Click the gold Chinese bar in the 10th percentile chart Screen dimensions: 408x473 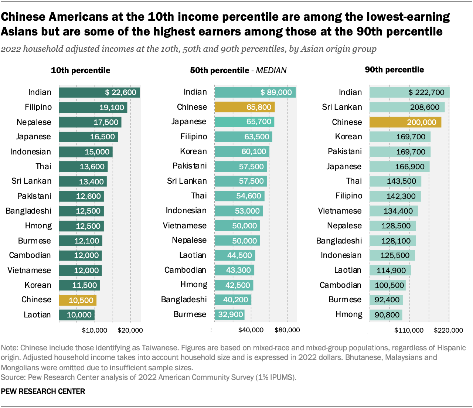tap(78, 300)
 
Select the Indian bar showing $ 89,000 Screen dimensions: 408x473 tap(255, 92)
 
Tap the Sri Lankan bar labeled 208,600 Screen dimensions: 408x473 tap(407, 107)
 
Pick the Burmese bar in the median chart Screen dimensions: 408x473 tap(229, 314)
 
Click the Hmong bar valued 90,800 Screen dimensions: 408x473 tap(386, 315)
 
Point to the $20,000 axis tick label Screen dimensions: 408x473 tap(130, 330)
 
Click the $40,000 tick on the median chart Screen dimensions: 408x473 tap(251, 330)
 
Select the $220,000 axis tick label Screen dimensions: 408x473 tap(448, 330)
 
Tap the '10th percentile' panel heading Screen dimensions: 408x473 tap(81, 71)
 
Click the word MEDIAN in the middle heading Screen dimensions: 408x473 tap(271, 71)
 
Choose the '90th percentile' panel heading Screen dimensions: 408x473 tap(394, 70)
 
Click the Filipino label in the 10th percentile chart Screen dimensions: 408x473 tap(38, 107)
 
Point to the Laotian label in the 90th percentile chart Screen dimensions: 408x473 tap(348, 270)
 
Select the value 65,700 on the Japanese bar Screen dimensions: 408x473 tap(259, 122)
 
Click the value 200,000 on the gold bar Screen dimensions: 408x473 tap(421, 122)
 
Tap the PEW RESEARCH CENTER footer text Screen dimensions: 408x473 tap(43, 391)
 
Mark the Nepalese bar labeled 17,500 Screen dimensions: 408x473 tap(90, 122)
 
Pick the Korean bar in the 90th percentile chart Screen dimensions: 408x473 tap(400, 137)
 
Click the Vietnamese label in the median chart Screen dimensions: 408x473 tap(185, 226)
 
